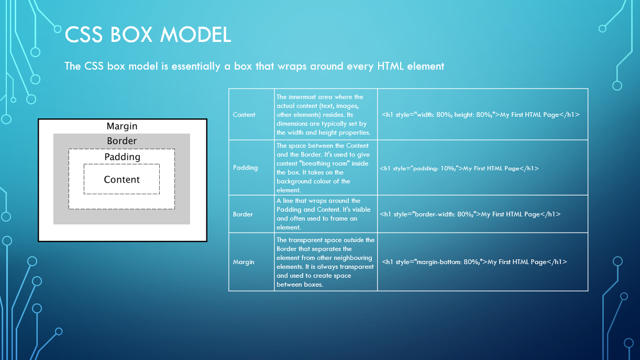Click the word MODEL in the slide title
(x=195, y=35)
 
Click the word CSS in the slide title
(x=84, y=35)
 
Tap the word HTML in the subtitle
(x=390, y=66)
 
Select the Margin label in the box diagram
(x=122, y=126)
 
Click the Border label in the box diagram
(x=122, y=141)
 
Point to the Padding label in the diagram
(x=122, y=157)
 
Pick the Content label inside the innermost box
(x=122, y=180)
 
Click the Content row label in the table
(x=244, y=115)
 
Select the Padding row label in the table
(x=246, y=168)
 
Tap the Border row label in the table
(x=243, y=214)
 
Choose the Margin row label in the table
(x=244, y=262)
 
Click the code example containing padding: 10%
(x=459, y=168)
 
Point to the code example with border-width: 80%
(x=470, y=214)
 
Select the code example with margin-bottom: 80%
(x=475, y=262)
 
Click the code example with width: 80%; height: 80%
(x=481, y=115)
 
